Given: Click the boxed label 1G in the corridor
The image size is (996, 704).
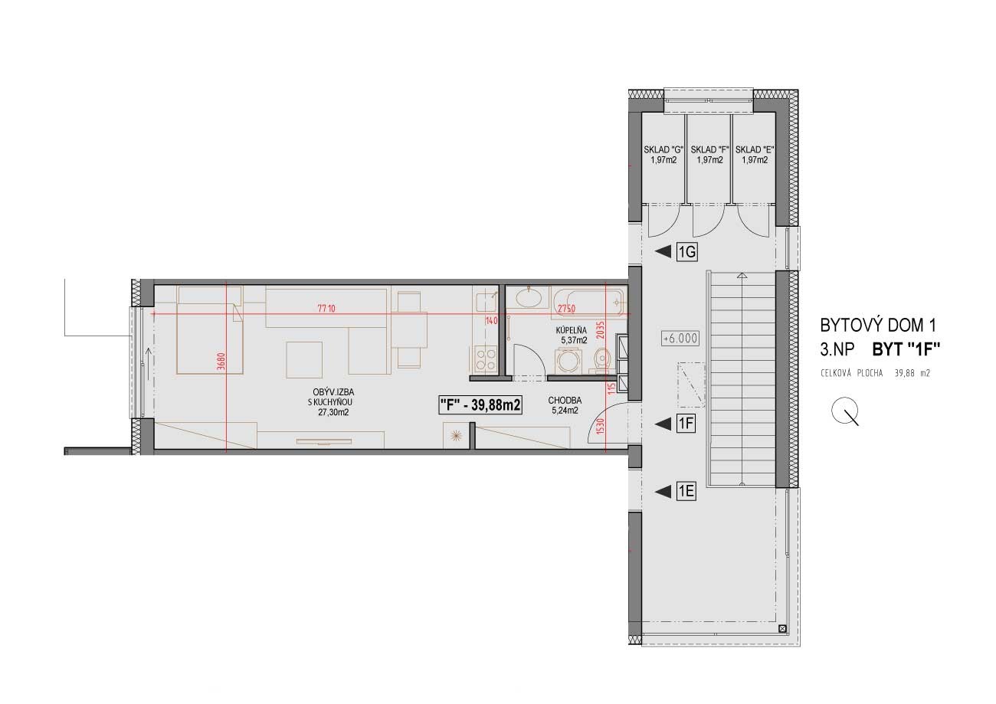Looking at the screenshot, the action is point(686,252).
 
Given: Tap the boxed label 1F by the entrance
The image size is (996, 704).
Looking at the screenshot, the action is point(686,424).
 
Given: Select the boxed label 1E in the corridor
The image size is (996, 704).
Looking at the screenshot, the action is point(686,492).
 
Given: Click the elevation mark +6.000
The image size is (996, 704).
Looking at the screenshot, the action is point(680,339).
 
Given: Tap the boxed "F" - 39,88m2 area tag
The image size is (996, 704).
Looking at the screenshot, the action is point(480,405).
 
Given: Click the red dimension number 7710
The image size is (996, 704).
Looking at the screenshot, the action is point(326,308).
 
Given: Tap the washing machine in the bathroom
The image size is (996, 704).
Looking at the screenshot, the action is point(568,362).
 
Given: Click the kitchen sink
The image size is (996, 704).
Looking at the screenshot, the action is point(487,302).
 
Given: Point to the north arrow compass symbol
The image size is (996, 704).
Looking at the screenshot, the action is point(845,411).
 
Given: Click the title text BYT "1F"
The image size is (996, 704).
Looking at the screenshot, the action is point(906,350).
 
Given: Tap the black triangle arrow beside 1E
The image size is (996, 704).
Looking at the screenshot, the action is point(663,492).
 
